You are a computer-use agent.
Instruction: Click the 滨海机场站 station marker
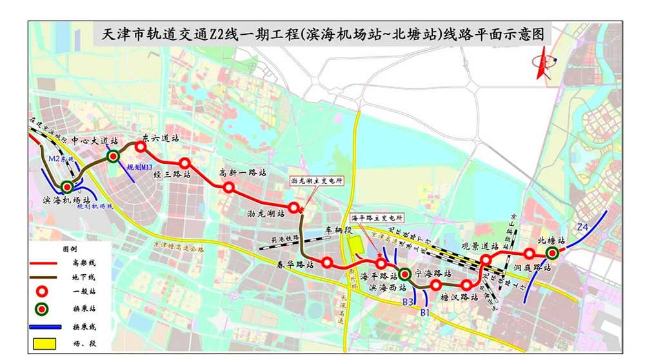(66, 187)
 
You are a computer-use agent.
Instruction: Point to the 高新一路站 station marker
(228, 187)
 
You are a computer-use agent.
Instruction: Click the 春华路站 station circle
(327, 263)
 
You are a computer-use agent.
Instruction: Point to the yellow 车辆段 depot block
(353, 245)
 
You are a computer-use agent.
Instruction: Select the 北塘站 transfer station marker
(552, 253)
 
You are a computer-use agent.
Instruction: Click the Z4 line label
(582, 227)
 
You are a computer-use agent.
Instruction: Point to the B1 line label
(424, 313)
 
